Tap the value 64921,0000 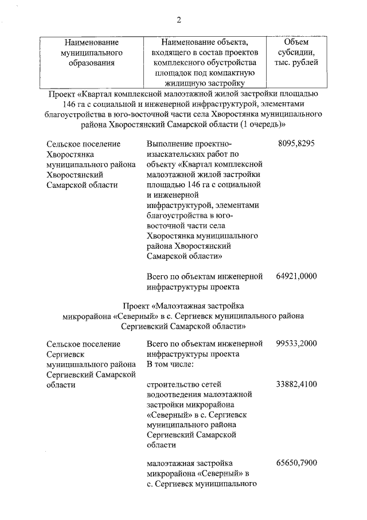click(296, 276)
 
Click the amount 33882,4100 click(296, 384)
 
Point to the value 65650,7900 click(296, 463)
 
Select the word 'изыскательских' click(175, 154)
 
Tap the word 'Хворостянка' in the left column click(69, 154)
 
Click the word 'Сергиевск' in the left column click(63, 355)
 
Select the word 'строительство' click(172, 384)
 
